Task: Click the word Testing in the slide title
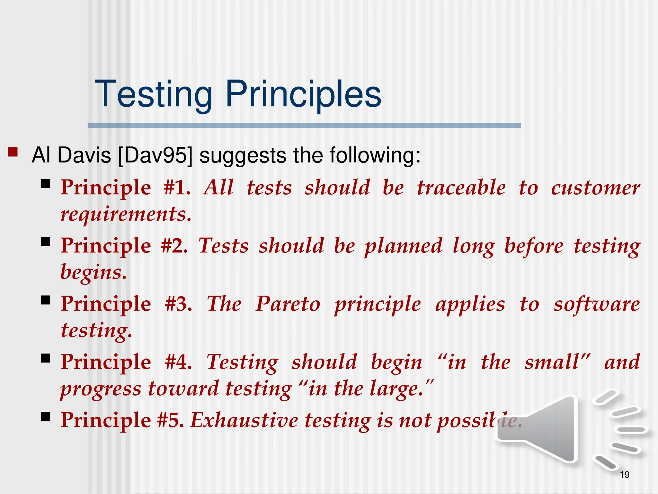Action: point(153,94)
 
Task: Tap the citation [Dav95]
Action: point(155,155)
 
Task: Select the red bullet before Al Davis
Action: point(13,152)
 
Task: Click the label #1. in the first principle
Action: point(177,188)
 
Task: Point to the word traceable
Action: point(461,188)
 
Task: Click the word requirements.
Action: point(126,214)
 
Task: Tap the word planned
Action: point(403,246)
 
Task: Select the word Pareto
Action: point(288,304)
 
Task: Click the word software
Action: point(596,304)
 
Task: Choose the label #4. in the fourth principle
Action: point(178,362)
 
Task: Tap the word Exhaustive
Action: point(245,420)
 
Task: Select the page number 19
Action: point(624,475)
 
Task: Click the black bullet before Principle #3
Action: point(45,300)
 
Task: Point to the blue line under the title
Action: point(304,126)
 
